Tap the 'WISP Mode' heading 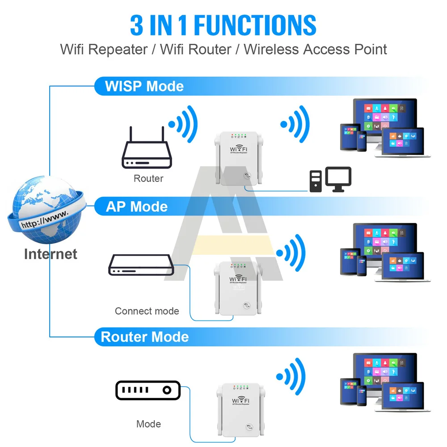tap(144, 86)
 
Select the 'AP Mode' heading tap(137, 207)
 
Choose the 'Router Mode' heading tap(145, 337)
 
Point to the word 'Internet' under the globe tap(51, 254)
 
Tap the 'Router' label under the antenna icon tap(148, 178)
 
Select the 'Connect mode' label tap(147, 311)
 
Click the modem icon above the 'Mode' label tap(148, 390)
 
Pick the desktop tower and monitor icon tap(330, 180)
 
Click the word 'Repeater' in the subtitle tap(118, 49)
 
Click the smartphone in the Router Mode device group tap(362, 394)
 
